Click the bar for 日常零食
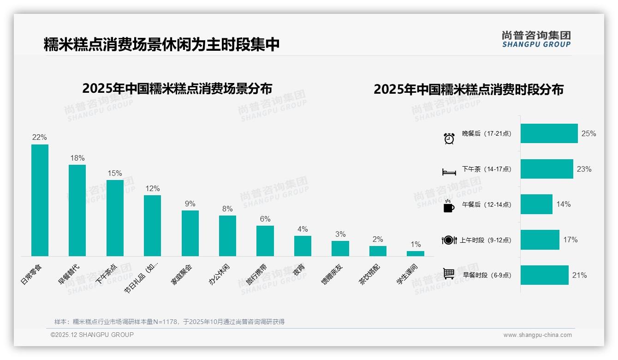(x=40, y=200)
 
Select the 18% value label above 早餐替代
(x=77, y=158)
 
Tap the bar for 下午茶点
(x=115, y=218)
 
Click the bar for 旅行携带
(x=265, y=240)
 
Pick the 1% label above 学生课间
(x=416, y=245)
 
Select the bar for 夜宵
(x=303, y=246)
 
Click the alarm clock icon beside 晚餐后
(x=449, y=138)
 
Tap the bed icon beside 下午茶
(x=449, y=172)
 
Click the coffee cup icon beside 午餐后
(x=449, y=206)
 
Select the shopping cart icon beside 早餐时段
(x=449, y=274)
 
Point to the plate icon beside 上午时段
(x=449, y=240)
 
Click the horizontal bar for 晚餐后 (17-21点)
(x=549, y=133)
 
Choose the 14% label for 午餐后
(x=563, y=204)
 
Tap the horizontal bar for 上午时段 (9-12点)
(x=540, y=240)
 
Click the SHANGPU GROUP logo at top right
(x=536, y=39)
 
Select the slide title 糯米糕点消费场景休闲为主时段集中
(x=161, y=45)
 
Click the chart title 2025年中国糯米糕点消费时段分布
(x=468, y=90)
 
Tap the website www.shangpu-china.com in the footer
(x=537, y=335)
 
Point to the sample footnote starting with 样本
(x=169, y=322)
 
